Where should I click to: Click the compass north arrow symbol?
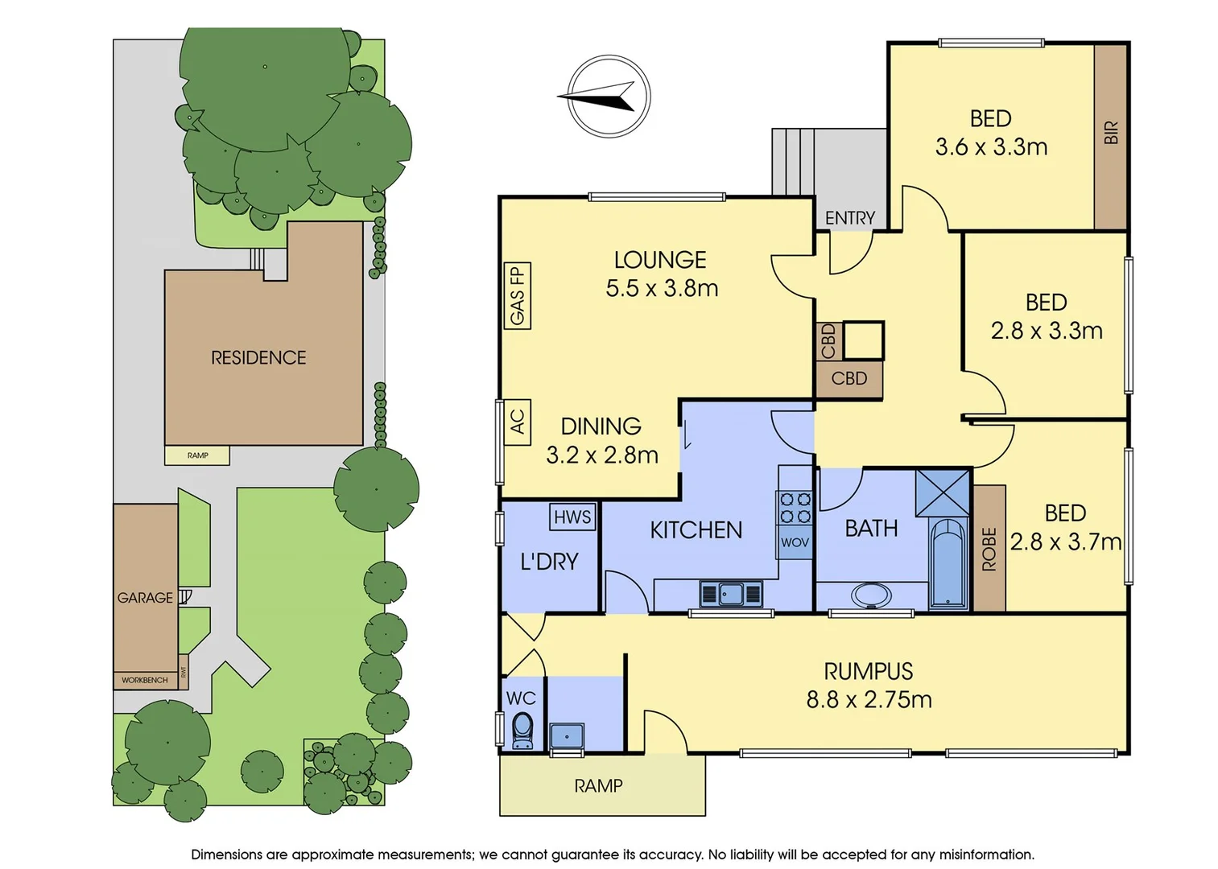(x=608, y=97)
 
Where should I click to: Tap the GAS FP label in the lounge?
(x=517, y=296)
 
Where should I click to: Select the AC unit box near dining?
(x=516, y=422)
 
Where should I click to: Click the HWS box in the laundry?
(x=572, y=517)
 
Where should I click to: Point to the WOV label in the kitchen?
(x=795, y=542)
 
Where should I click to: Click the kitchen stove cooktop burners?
(x=794, y=508)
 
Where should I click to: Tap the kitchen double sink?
(x=731, y=594)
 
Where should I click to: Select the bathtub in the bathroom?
(x=948, y=563)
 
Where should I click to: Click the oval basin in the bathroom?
(x=871, y=596)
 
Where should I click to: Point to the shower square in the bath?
(x=942, y=492)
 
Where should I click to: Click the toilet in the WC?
(x=522, y=730)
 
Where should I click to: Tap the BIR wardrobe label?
(x=1111, y=133)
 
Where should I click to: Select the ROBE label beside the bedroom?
(x=989, y=549)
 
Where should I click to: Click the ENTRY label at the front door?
(x=849, y=218)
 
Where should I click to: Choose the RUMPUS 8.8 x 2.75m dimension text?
(x=869, y=699)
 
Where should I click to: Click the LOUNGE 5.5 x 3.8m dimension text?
(x=662, y=288)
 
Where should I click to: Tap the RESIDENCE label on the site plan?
(x=258, y=358)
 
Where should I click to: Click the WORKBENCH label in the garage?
(x=145, y=681)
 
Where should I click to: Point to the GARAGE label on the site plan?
(x=145, y=598)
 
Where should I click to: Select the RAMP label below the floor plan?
(x=598, y=786)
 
